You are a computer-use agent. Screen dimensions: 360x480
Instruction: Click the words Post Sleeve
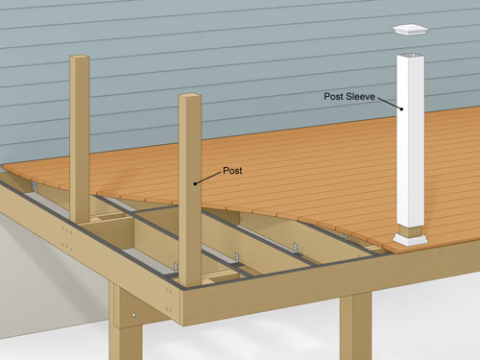(x=348, y=96)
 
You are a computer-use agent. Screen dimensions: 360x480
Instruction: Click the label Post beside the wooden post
(x=232, y=170)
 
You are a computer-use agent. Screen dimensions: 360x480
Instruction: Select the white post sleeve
(x=412, y=144)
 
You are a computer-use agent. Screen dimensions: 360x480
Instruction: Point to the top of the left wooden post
(x=80, y=60)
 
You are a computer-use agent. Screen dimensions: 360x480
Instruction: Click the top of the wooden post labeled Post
(x=191, y=98)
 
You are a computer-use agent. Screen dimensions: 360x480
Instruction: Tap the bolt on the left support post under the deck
(x=133, y=314)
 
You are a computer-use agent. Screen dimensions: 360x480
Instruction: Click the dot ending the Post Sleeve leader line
(x=402, y=112)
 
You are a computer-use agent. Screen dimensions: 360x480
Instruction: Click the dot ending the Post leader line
(x=196, y=182)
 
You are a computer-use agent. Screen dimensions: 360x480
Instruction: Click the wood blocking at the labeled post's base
(x=219, y=276)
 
